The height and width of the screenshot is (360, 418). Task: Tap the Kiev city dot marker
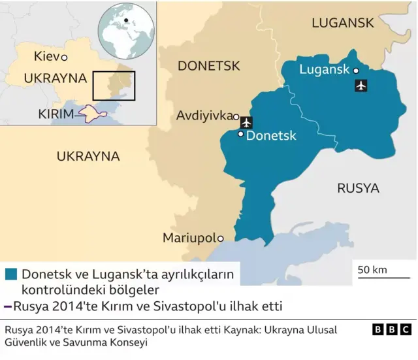pos(64,58)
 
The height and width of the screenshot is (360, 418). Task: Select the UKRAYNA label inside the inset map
pos(55,78)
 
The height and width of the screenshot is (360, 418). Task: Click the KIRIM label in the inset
pos(56,114)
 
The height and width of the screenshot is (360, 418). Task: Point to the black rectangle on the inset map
pos(114,86)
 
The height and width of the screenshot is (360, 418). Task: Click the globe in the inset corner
pos(125,30)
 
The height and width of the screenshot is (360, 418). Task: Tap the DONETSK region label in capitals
pos(209,66)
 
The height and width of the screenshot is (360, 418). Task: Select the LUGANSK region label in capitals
pos(343,23)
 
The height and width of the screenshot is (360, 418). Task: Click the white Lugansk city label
pos(325,70)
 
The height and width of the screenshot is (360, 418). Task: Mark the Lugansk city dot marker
pos(356,71)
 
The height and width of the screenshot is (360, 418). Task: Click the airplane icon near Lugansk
pos(360,86)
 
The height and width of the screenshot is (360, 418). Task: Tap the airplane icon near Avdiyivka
pos(246,122)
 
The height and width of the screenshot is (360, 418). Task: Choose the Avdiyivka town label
pos(204,116)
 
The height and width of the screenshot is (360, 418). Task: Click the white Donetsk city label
pos(271,136)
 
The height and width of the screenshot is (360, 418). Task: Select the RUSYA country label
pos(358,188)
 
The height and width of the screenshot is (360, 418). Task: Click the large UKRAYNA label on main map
pos(88,157)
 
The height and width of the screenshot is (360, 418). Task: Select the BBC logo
pos(393,330)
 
